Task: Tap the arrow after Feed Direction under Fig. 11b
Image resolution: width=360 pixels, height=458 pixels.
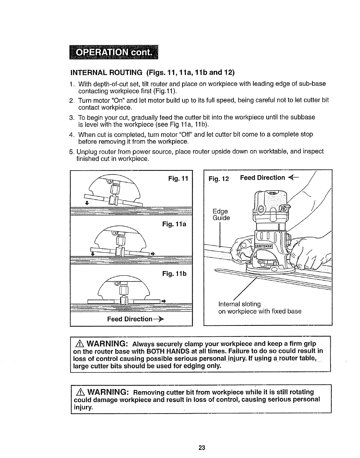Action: [x=159, y=319]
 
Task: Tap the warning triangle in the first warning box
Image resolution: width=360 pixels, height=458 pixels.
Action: [x=80, y=344]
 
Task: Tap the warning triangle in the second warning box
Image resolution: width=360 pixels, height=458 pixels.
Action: [x=80, y=392]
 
